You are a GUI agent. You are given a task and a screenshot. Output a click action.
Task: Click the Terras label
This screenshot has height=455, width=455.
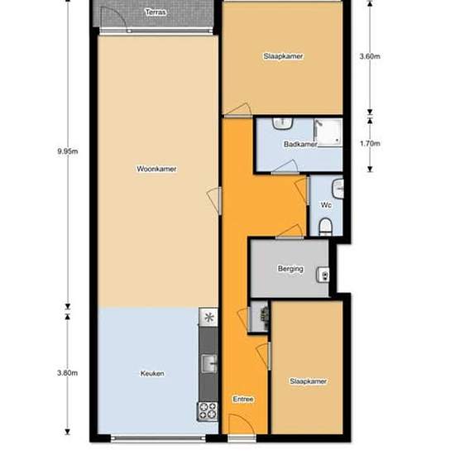tap(156, 12)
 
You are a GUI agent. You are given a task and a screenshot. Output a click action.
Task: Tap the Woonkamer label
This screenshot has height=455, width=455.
tap(156, 169)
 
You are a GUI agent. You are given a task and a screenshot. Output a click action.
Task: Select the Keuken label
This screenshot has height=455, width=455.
tap(152, 373)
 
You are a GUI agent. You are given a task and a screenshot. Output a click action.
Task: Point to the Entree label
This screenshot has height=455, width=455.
tap(243, 400)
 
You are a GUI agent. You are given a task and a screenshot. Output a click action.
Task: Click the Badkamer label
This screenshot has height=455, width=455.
tap(300, 144)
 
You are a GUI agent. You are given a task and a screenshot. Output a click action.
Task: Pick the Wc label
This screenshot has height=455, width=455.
tap(326, 205)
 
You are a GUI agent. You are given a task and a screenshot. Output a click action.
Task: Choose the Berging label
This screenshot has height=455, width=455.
tap(290, 269)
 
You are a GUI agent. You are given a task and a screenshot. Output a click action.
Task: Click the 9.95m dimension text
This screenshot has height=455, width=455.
tap(68, 151)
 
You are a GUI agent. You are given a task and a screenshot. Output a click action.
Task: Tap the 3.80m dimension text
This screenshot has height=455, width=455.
tap(67, 373)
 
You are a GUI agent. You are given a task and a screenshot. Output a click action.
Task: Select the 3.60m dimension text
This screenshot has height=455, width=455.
tap(370, 56)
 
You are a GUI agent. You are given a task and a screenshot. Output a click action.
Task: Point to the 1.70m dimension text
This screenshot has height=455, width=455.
tap(370, 143)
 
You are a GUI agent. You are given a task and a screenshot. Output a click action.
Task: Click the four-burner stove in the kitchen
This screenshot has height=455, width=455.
tap(208, 411)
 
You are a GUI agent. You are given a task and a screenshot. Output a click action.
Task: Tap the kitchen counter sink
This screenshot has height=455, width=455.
tap(209, 364)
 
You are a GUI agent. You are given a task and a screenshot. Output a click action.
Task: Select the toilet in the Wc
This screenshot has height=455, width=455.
tap(325, 227)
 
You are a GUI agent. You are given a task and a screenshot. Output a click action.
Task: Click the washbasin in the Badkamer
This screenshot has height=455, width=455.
tap(282, 123)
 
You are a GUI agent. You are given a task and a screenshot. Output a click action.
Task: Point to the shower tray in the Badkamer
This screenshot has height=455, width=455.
tap(328, 132)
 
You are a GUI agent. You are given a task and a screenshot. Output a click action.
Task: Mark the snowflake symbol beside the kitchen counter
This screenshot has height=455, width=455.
tap(208, 317)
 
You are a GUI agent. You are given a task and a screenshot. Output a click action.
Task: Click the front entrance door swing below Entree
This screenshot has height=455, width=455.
tap(242, 424)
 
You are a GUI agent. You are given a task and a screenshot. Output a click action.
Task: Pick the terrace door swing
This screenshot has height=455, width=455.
tap(113, 17)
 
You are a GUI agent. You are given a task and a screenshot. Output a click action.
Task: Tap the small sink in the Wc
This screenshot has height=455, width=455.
tap(338, 189)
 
